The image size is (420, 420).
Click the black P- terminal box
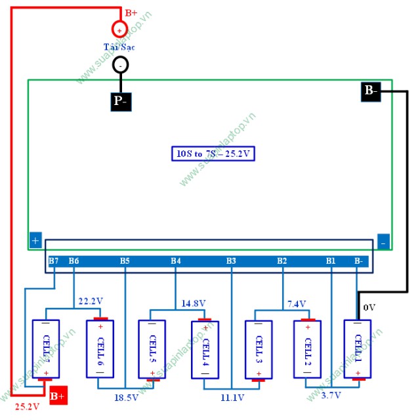pyautogui.click(x=121, y=100)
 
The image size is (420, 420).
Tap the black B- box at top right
pyautogui.click(x=371, y=91)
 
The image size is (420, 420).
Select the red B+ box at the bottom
pyautogui.click(x=58, y=396)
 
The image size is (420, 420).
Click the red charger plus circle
pyautogui.click(x=119, y=29)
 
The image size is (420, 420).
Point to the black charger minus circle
pyautogui.click(x=121, y=64)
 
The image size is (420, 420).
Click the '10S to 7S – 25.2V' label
pyautogui.click(x=213, y=154)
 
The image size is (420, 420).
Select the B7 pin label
pyautogui.click(x=54, y=261)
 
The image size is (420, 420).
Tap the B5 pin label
pyautogui.click(x=125, y=261)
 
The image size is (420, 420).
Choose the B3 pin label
pyautogui.click(x=231, y=261)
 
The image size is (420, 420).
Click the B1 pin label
pyautogui.click(x=331, y=261)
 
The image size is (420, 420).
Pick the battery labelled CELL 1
pyautogui.click(x=358, y=349)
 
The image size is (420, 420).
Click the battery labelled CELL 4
pyautogui.click(x=205, y=349)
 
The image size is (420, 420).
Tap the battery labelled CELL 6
pyautogui.click(x=100, y=349)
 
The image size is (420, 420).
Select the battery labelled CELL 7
pyautogui.click(x=46, y=349)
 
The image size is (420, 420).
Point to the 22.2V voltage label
pyautogui.click(x=91, y=301)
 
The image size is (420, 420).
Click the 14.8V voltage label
pyautogui.click(x=193, y=303)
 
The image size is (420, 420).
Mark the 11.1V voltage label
pyautogui.click(x=232, y=398)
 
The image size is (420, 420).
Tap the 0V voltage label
pyautogui.click(x=369, y=307)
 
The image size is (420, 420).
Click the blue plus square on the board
pyautogui.click(x=35, y=241)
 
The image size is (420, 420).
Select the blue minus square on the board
pyautogui.click(x=384, y=241)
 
